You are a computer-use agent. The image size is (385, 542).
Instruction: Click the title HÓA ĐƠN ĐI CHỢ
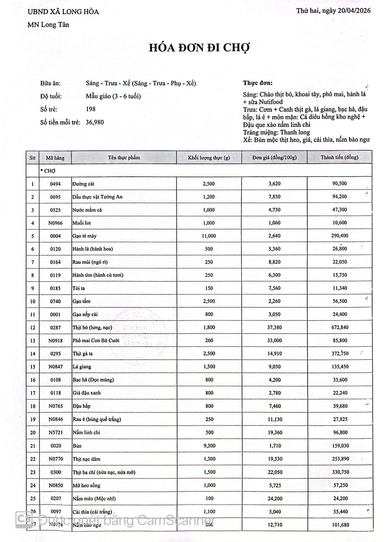click(199, 48)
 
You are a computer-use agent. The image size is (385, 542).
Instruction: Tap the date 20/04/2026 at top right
click(354, 11)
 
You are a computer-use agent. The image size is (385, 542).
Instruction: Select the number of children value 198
click(91, 109)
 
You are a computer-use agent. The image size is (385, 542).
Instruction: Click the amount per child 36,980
click(95, 122)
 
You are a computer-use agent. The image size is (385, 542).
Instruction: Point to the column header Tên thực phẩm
click(124, 158)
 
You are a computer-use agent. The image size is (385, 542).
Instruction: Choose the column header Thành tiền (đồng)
click(339, 158)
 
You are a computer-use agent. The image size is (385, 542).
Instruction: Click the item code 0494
click(55, 184)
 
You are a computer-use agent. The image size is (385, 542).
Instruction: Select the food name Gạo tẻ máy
click(85, 236)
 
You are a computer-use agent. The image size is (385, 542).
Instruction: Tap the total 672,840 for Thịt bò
click(339, 327)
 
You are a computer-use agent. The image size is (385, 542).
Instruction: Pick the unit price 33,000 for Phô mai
click(274, 340)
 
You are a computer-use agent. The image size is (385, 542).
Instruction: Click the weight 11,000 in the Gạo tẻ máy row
click(209, 236)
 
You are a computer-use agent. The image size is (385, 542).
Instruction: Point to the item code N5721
click(56, 433)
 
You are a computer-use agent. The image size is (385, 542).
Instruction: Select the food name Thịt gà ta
click(83, 354)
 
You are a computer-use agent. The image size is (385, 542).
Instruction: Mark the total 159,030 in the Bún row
click(340, 446)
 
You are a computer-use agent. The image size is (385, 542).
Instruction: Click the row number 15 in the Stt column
click(33, 367)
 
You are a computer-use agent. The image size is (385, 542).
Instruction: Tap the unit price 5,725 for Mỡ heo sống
click(275, 485)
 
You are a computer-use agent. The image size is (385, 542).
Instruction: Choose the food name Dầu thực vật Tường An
click(98, 197)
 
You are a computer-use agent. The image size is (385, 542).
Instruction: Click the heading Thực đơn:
click(258, 83)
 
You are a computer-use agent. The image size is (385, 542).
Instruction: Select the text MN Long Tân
click(48, 25)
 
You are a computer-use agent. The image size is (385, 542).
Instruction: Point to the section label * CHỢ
click(48, 171)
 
